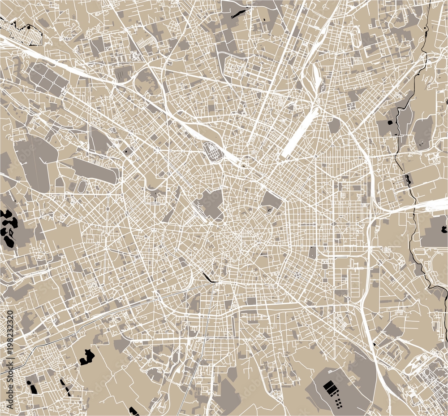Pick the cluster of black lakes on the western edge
tap(8, 227)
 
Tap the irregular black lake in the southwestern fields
tap(87, 357)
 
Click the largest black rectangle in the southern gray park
tap(330, 386)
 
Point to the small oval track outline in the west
tap(82, 186)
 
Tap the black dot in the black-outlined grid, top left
tap(29, 27)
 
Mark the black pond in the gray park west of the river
tap(389, 122)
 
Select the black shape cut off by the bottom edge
tap(134, 411)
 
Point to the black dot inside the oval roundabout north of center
tap(243, 166)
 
